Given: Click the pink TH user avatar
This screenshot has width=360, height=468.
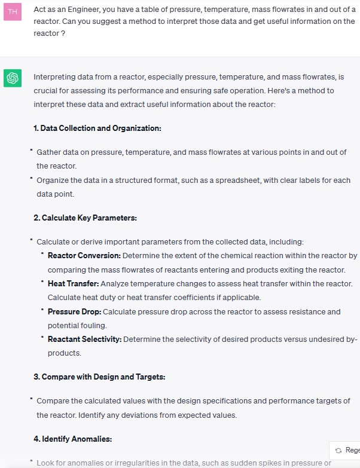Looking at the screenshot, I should pos(12,13).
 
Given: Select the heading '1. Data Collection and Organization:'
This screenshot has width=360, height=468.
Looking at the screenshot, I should pos(97,129).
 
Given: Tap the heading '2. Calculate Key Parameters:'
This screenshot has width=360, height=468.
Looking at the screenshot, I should pos(85,218).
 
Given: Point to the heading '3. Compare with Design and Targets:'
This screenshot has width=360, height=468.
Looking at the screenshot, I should pos(99,377).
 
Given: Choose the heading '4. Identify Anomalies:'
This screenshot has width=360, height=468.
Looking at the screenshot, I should pos(72,439).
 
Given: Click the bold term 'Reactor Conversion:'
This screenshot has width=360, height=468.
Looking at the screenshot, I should pos(84,256).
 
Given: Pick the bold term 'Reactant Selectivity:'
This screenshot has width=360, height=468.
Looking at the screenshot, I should pos(84,339).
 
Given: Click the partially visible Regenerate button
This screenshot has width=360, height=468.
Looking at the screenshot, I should pos(347,450).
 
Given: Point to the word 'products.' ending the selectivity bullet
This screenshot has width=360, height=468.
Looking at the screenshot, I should pos(64,353).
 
